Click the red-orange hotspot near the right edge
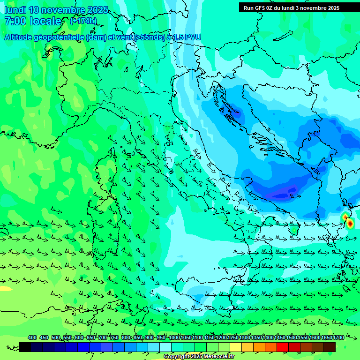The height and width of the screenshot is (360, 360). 349,224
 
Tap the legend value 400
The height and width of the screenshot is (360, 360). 32,337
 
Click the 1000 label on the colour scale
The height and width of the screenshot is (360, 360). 174,337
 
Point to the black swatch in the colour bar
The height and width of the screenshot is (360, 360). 25,347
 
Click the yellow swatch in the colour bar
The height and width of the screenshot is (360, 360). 235,347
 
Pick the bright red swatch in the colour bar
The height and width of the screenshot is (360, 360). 282,347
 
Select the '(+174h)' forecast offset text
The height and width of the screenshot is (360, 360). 83,21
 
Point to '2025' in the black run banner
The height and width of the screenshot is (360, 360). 331,7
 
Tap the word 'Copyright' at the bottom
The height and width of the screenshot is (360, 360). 177,357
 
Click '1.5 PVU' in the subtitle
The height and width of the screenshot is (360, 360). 187,37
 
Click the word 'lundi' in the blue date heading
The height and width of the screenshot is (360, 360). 15,10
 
